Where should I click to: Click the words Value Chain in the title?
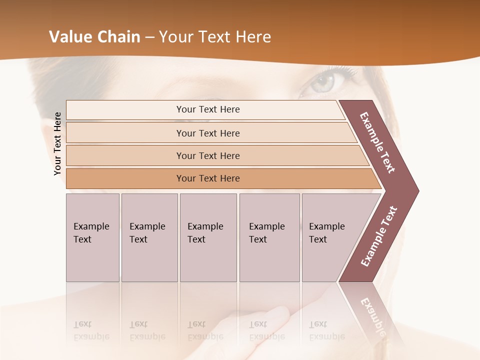coord(94,37)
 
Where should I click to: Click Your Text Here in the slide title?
coord(215,37)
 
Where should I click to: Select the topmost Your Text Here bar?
coord(207,109)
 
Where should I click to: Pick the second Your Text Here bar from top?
coord(207,133)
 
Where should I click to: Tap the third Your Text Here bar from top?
coord(207,155)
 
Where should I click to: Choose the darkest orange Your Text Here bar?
coord(207,178)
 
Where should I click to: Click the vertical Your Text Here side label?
coord(57,143)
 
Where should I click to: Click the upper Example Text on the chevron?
coord(378,142)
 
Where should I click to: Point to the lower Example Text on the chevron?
coord(379,236)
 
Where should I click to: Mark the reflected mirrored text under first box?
coord(91,330)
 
